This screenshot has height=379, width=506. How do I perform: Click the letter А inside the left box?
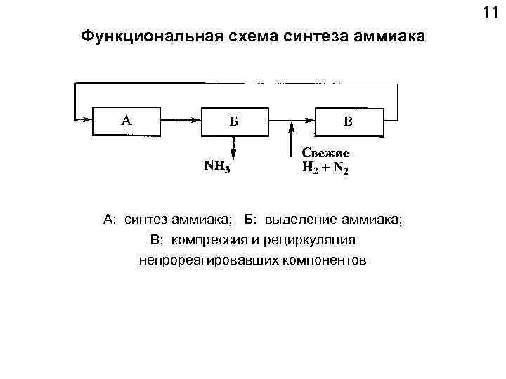[126, 120]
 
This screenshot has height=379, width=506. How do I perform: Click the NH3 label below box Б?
[217, 167]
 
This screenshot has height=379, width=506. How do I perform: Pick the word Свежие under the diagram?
[325, 152]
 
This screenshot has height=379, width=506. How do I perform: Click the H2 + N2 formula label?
[325, 168]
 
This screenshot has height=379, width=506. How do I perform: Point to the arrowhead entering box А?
[86, 120]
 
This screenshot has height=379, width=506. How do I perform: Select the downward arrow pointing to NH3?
[234, 147]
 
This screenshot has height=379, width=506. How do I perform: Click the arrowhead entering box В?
[309, 120]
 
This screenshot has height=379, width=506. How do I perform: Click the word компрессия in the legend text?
[206, 240]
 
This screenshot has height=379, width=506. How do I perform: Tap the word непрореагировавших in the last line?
[199, 260]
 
